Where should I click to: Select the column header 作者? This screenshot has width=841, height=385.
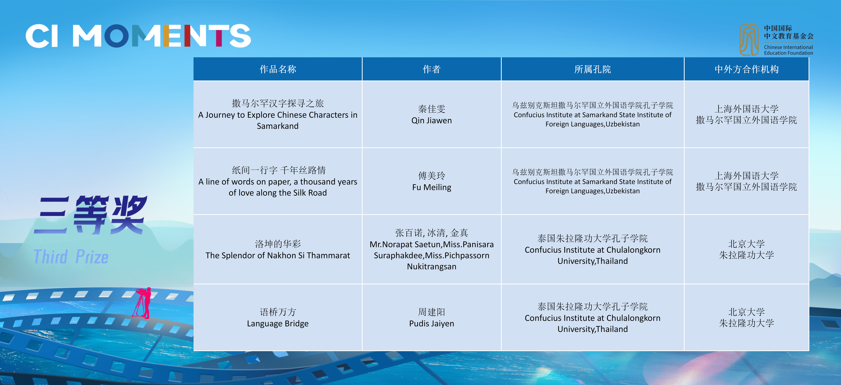pos(432,69)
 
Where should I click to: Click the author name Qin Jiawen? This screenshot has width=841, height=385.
pos(432,120)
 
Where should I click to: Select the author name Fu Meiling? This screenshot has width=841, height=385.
pos(432,187)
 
